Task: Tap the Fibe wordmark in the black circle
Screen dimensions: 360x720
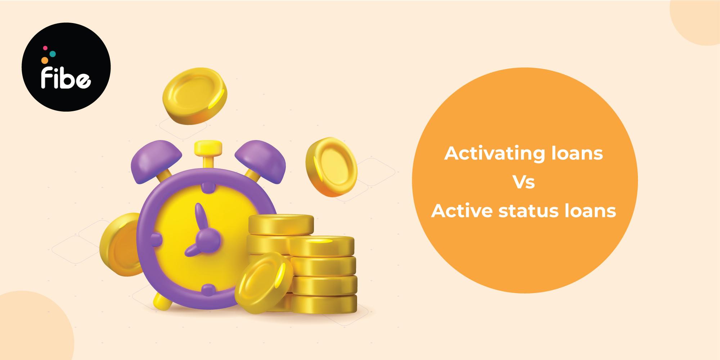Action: pyautogui.click(x=66, y=78)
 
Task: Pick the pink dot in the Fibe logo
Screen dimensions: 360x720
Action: pyautogui.click(x=45, y=48)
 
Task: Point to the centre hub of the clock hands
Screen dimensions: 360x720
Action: pyautogui.click(x=205, y=238)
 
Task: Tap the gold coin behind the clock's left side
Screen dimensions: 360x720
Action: pyautogui.click(x=119, y=245)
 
